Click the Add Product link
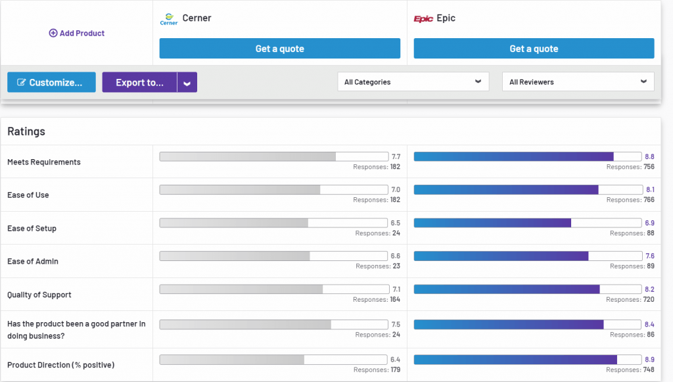click(77, 33)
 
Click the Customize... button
click(51, 82)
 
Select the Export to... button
click(139, 82)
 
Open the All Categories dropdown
click(413, 82)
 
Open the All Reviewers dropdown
click(578, 82)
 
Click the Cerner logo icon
click(169, 19)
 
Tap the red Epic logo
click(423, 19)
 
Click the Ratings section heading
click(26, 131)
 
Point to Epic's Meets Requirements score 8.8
click(649, 156)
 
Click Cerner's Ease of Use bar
click(273, 189)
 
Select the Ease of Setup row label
click(32, 228)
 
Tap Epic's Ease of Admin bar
click(527, 256)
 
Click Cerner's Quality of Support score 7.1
click(396, 289)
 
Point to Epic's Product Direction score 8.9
click(649, 360)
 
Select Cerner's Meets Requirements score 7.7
click(396, 156)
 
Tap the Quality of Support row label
click(39, 295)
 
